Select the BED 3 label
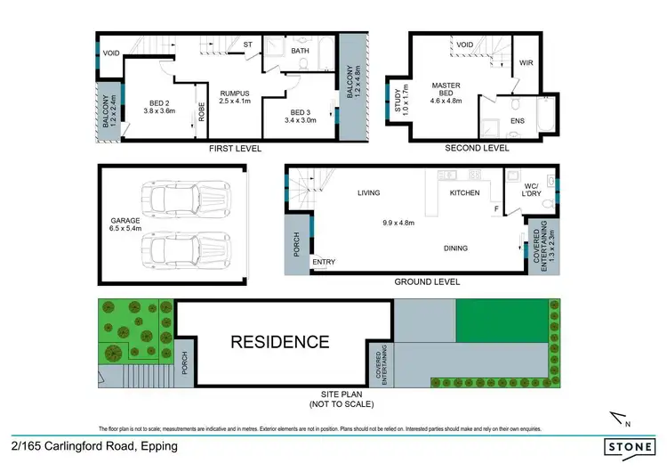[301, 111]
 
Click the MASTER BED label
[446, 86]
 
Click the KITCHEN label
[464, 192]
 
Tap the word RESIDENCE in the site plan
[280, 341]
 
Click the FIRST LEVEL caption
[235, 149]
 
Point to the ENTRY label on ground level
[324, 262]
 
